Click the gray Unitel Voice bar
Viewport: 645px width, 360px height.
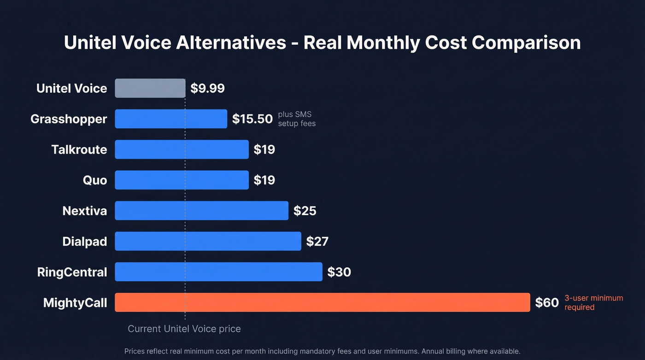point(150,88)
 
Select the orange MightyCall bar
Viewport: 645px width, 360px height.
point(322,302)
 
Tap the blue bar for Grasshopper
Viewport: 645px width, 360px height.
point(171,119)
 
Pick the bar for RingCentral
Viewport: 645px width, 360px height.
point(218,272)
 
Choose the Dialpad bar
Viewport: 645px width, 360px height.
point(208,241)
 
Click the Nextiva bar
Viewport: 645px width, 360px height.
point(201,211)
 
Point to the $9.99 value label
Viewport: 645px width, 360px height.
point(207,89)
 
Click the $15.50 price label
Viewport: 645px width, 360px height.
point(252,119)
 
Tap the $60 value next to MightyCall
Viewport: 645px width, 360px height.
point(546,303)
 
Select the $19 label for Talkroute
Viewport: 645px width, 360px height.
point(264,149)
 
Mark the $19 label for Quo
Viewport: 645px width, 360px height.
point(264,180)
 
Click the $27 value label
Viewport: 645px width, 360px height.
point(317,242)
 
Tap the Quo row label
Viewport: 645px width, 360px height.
point(95,180)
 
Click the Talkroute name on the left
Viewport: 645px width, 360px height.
point(79,149)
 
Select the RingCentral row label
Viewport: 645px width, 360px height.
point(72,272)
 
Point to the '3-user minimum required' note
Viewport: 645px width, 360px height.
point(593,303)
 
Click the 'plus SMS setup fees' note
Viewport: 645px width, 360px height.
point(297,119)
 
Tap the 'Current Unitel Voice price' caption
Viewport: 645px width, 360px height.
point(184,329)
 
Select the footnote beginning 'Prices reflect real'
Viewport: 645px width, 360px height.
point(322,351)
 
